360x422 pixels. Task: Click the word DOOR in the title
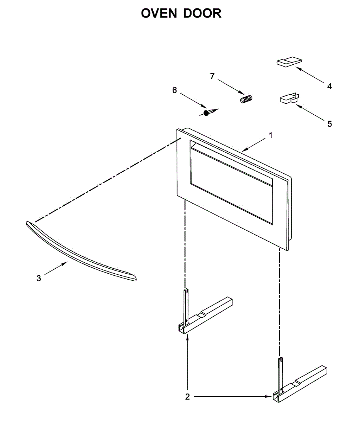pos(204,13)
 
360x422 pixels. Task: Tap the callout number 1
pos(270,135)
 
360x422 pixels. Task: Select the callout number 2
pos(187,397)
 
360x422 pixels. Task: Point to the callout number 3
pos(39,279)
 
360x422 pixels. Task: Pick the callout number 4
pos(329,86)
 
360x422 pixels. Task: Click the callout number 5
pos(329,124)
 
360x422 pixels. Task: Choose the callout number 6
pos(175,90)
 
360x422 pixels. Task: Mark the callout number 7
pos(212,76)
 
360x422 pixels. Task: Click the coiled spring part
pos(246,99)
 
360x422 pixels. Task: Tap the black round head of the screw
pos(206,113)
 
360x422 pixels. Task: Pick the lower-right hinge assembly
pos(299,383)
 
